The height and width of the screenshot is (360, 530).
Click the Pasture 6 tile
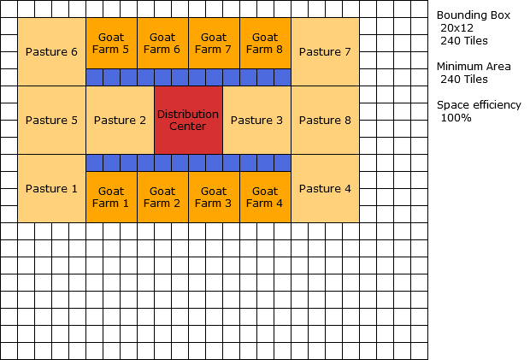tap(51, 51)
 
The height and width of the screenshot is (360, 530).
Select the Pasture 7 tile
tap(325, 51)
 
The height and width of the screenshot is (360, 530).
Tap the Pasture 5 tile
tap(51, 120)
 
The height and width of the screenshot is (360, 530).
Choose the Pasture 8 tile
tap(325, 120)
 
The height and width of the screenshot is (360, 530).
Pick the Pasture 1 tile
tap(51, 188)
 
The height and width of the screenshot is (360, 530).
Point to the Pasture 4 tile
tap(325, 188)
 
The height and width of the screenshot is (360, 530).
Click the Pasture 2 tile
tap(120, 120)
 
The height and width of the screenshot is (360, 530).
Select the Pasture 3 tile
tap(256, 120)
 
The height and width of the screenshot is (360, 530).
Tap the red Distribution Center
tap(188, 120)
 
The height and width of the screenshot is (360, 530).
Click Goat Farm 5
tap(111, 43)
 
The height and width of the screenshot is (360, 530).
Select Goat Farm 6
tap(162, 43)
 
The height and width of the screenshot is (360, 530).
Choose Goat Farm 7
tap(214, 43)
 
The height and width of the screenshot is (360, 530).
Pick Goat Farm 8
tap(265, 43)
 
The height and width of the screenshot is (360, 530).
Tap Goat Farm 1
tap(111, 198)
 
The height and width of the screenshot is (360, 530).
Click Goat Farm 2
tap(162, 198)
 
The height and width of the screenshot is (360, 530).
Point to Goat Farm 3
tap(214, 198)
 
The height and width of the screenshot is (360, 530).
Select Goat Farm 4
tap(265, 198)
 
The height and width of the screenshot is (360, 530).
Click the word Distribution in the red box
tap(188, 115)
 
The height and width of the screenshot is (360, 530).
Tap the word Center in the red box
tap(188, 127)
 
